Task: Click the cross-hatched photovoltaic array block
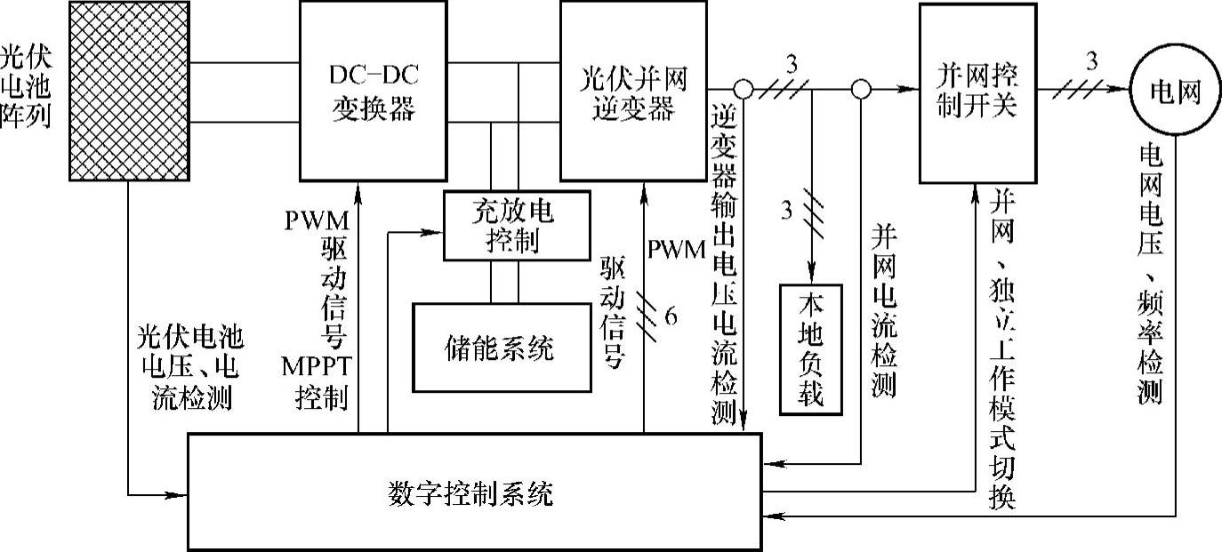tap(130, 91)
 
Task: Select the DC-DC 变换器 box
tap(373, 91)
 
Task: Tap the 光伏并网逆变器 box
tap(632, 91)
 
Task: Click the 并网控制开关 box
tap(977, 92)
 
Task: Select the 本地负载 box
tap(811, 349)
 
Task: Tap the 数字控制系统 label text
tap(470, 492)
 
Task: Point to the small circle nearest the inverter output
tap(744, 89)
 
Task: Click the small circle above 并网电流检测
tap(861, 89)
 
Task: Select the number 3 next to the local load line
tap(786, 211)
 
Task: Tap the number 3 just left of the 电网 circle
tap(1092, 62)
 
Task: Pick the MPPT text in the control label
tap(320, 367)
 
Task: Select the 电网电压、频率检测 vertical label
tap(1151, 276)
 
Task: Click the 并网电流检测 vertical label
tap(882, 311)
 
